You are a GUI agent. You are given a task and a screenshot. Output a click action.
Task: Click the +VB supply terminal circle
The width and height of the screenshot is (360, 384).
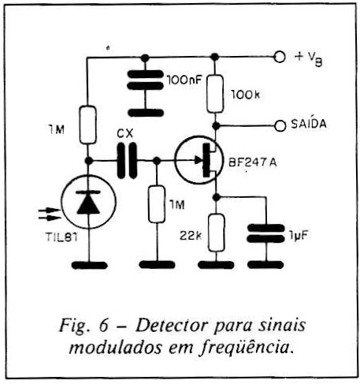pyautogui.click(x=280, y=57)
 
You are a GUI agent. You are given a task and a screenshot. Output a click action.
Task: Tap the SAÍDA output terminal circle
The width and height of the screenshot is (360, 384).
pyautogui.click(x=280, y=125)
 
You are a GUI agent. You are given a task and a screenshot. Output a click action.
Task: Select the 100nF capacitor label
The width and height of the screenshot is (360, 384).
pyautogui.click(x=184, y=80)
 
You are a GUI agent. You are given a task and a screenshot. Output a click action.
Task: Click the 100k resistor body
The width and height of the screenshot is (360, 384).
pyautogui.click(x=215, y=94)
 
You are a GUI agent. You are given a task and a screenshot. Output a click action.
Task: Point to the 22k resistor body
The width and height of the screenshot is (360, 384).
pyautogui.click(x=216, y=233)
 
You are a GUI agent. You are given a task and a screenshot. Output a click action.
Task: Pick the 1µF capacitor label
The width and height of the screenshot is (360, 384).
pyautogui.click(x=298, y=235)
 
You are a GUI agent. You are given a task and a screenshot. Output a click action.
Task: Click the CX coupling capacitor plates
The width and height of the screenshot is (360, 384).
pyautogui.click(x=127, y=160)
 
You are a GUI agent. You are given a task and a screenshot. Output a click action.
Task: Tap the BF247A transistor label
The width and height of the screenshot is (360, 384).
pyautogui.click(x=252, y=162)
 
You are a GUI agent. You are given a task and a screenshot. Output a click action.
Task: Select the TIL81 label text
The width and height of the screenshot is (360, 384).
pyautogui.click(x=61, y=237)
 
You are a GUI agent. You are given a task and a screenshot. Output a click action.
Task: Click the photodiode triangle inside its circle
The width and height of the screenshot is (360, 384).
pyautogui.click(x=88, y=204)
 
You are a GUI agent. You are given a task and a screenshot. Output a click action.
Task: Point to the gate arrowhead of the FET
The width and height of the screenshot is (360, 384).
pyautogui.click(x=199, y=159)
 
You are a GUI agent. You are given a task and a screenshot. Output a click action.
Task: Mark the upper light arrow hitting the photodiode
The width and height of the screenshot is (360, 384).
pyautogui.click(x=50, y=210)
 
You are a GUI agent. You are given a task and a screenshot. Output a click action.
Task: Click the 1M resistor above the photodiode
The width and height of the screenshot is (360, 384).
pyautogui.click(x=87, y=125)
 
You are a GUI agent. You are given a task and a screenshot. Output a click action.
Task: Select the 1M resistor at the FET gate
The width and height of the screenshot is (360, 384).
pyautogui.click(x=157, y=204)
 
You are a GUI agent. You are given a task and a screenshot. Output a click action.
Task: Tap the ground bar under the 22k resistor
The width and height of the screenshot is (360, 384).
pyautogui.click(x=216, y=265)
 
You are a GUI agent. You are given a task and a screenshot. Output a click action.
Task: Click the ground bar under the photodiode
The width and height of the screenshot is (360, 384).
pyautogui.click(x=89, y=265)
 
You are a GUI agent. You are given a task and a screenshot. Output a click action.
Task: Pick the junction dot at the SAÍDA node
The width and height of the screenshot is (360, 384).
pyautogui.click(x=216, y=126)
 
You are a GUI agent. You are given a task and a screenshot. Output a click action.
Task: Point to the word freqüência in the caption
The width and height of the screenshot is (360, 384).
pyautogui.click(x=245, y=348)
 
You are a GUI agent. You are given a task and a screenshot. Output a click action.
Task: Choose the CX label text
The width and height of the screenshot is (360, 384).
pyautogui.click(x=124, y=134)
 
